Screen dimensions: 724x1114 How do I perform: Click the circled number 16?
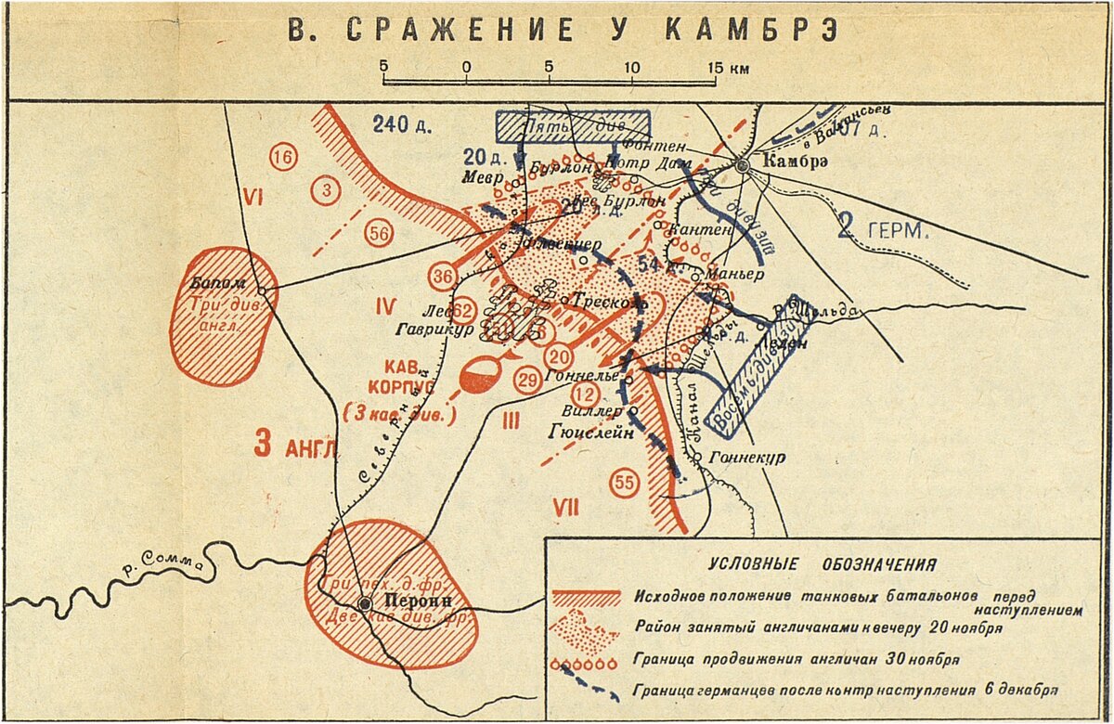pos(282,158)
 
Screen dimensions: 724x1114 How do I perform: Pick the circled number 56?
pos(378,234)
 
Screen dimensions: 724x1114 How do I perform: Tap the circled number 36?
pos(444,276)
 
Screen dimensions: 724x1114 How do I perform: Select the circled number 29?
pos(527,380)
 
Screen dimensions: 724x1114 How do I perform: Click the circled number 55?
pos(625,482)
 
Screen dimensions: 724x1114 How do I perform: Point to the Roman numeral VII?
pos(565,507)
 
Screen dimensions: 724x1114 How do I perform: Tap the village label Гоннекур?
pos(746,458)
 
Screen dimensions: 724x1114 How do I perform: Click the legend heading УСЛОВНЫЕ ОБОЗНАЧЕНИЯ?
pos(823,564)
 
